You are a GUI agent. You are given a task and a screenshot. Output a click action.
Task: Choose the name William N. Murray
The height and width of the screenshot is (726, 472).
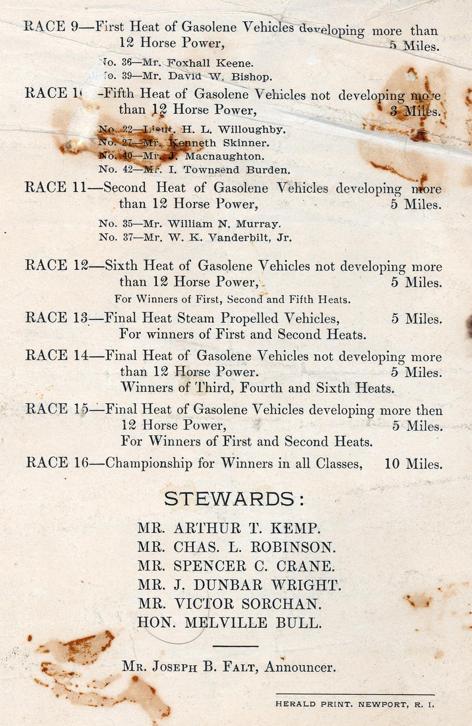pos(224,224)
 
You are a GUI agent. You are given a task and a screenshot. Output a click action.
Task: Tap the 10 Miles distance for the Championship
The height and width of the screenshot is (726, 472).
pos(413,464)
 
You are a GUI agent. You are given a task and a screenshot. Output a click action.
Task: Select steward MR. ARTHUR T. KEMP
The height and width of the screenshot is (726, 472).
pos(229,528)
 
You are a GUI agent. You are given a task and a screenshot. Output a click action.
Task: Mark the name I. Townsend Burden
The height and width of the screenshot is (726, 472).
pos(237,170)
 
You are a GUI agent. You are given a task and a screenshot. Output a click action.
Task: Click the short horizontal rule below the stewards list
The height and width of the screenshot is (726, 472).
pos(235,646)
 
